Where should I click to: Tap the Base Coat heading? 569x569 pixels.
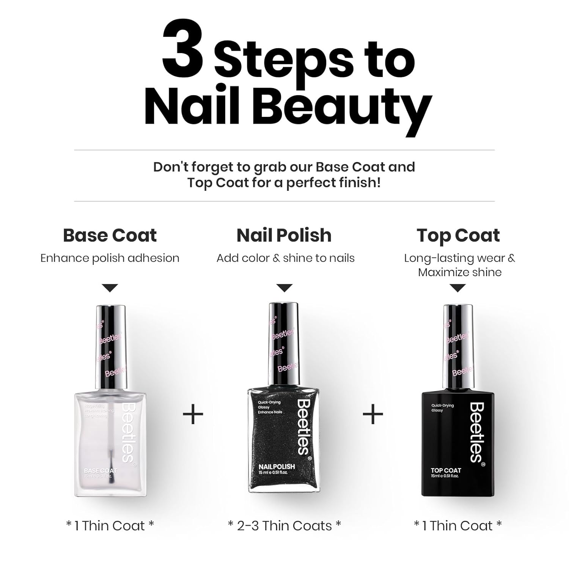point(110,235)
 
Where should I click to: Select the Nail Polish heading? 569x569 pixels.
point(284,235)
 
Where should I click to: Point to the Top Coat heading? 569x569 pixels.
point(458,235)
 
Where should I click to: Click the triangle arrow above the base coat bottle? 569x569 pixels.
point(110,288)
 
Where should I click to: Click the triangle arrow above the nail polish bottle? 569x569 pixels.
point(284,288)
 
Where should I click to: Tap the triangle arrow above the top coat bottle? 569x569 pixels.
point(458,288)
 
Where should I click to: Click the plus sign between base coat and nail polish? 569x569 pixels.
point(193,414)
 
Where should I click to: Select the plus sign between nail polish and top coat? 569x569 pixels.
point(373,414)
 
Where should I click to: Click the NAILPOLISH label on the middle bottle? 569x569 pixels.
point(277,467)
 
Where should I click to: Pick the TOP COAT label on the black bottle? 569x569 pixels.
point(446,470)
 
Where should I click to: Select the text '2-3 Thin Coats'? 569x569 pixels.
point(284,526)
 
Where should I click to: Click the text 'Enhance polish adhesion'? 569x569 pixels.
point(110,258)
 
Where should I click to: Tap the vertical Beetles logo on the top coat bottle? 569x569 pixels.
point(477,432)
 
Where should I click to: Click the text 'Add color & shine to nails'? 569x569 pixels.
point(285,258)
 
